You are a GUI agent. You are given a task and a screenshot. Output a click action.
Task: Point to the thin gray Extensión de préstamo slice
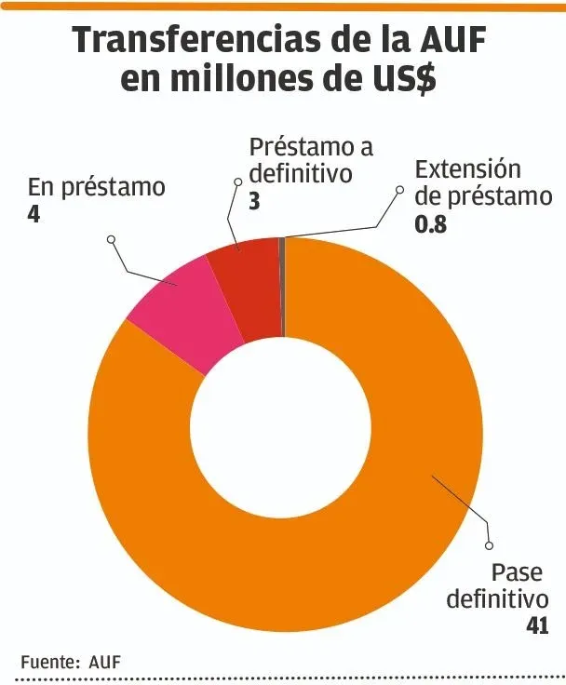(x=282, y=279)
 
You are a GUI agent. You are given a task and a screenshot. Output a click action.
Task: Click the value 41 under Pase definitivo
(x=536, y=625)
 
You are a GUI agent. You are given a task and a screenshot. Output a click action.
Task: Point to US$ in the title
(x=400, y=80)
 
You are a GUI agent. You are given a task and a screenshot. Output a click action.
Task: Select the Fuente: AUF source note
(x=71, y=662)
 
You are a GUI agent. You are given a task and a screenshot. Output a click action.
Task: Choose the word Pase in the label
(x=516, y=571)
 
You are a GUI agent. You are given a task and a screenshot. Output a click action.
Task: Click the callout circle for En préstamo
(x=111, y=239)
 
